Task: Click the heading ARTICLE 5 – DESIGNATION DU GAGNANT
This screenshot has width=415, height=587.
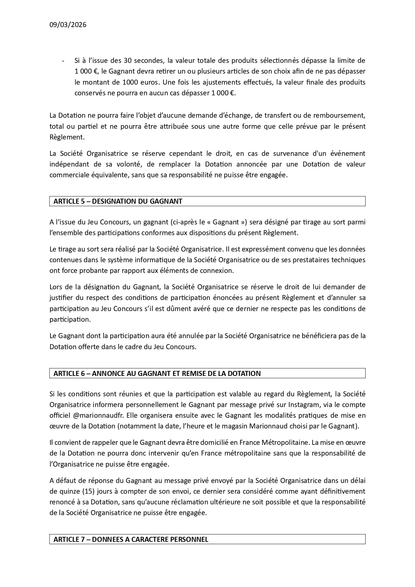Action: click(118, 201)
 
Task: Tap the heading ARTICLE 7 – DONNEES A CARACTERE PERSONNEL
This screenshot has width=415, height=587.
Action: click(131, 540)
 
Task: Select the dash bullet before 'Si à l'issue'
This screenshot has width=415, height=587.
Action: click(63, 61)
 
